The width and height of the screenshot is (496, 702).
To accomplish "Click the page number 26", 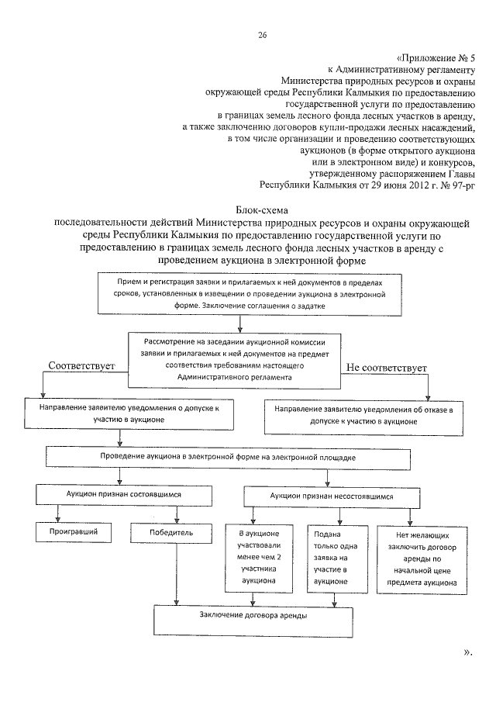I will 262,35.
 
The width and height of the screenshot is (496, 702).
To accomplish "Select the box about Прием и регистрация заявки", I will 251,296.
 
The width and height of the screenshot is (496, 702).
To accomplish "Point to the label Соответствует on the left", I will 81,364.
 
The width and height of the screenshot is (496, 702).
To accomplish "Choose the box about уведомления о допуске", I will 129,413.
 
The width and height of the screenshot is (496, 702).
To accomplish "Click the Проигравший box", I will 74,533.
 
